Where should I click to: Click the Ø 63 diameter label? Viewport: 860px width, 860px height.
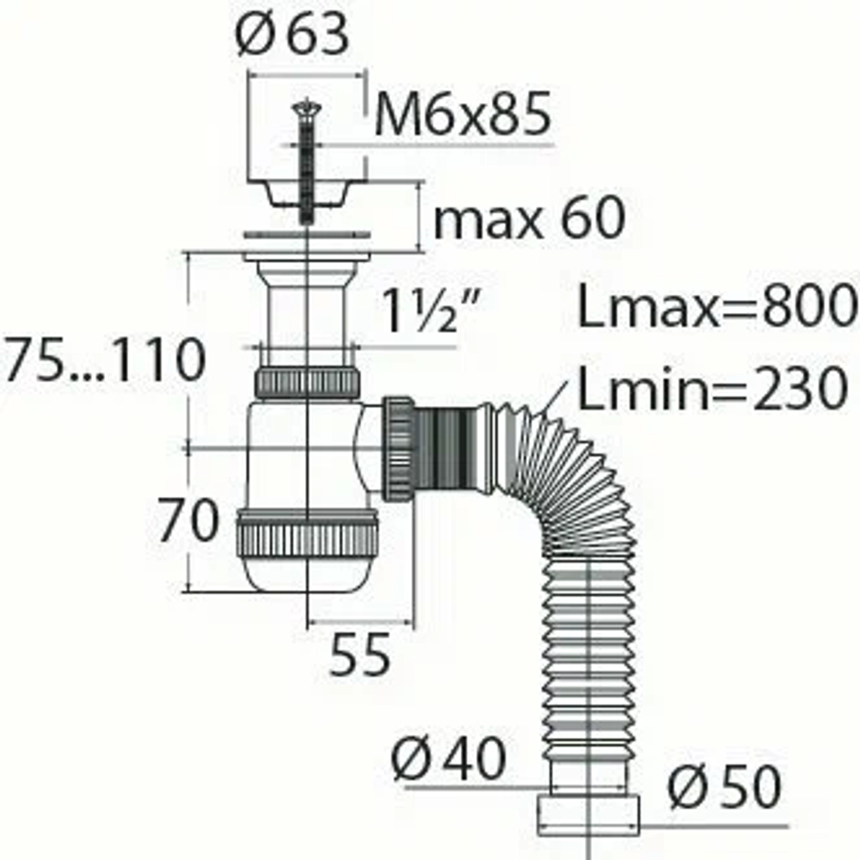292,34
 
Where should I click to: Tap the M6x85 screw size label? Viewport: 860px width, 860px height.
463,114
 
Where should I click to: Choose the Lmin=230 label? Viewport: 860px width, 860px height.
713,388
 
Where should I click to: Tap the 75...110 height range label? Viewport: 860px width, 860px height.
104,359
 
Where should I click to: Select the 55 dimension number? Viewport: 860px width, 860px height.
359,654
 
